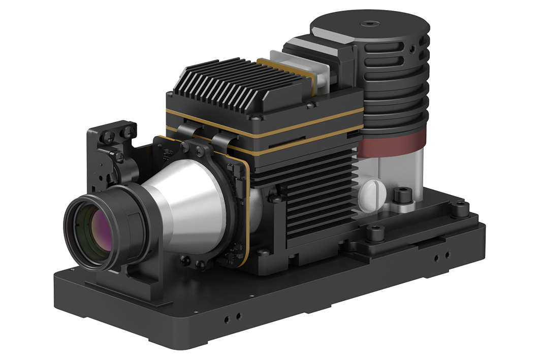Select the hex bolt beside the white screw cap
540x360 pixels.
pos(401,195)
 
